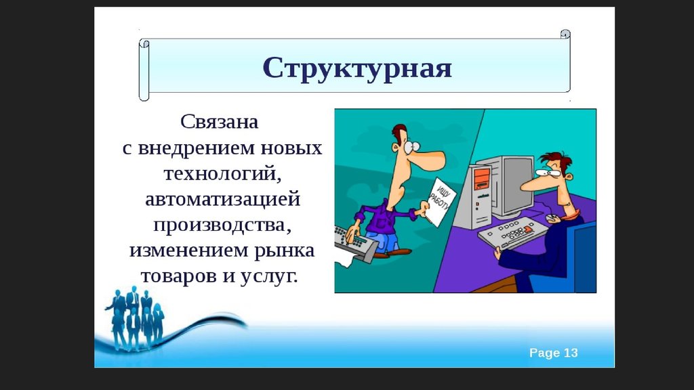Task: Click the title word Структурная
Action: (x=357, y=68)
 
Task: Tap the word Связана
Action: (x=219, y=122)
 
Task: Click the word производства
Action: (x=222, y=224)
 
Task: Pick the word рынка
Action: (x=284, y=251)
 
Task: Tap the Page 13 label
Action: (x=553, y=353)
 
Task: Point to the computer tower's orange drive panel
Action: (x=482, y=178)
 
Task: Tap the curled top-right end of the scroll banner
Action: (x=565, y=35)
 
